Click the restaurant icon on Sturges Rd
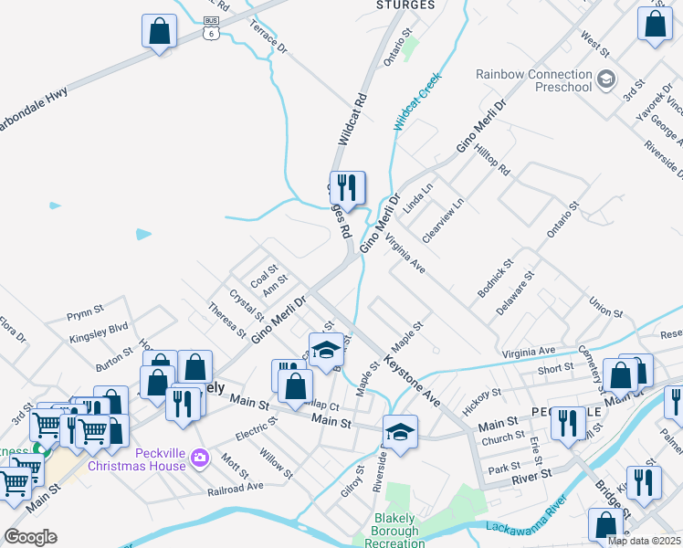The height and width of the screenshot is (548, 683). pyautogui.click(x=347, y=188)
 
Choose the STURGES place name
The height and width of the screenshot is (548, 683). pyautogui.click(x=405, y=5)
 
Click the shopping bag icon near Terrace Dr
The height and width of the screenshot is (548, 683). pyautogui.click(x=160, y=31)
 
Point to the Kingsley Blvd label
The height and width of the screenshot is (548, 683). pyautogui.click(x=99, y=332)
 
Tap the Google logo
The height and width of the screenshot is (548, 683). pyautogui.click(x=30, y=537)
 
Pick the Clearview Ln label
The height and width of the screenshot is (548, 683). pyautogui.click(x=443, y=221)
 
